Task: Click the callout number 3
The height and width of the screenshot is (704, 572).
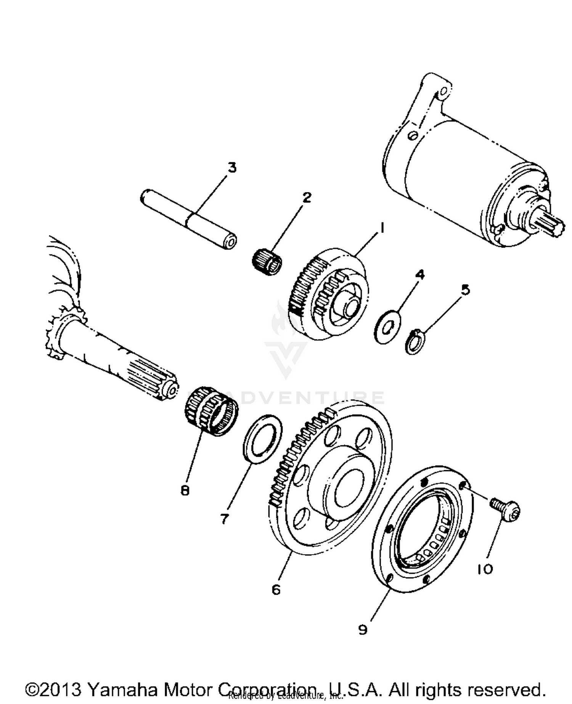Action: (x=232, y=167)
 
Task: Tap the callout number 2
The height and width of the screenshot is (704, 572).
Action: (x=307, y=197)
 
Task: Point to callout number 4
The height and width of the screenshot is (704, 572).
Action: (x=419, y=275)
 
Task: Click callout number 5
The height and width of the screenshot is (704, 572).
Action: (x=465, y=290)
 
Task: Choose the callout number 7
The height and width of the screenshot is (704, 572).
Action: (x=224, y=518)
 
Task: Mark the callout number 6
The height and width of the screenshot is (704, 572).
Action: (x=276, y=589)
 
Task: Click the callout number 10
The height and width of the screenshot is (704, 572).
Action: (x=485, y=569)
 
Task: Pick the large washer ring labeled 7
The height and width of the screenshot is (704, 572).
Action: (x=263, y=439)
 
